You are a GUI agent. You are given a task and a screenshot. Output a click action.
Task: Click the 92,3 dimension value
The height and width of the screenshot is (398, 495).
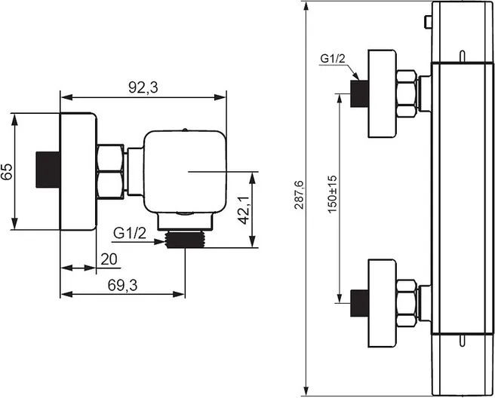pos(143,88)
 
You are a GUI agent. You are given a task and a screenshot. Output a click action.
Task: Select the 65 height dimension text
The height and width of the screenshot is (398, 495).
pos(7,172)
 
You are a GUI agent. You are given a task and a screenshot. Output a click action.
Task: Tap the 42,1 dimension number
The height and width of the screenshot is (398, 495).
pos(244,210)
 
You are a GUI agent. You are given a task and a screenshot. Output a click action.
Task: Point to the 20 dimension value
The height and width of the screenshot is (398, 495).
pos(109,259)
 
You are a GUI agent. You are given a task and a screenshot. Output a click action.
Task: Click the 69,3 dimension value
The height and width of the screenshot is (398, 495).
pos(122,286)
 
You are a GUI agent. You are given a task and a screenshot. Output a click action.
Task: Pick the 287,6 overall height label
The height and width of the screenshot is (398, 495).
pos(299,195)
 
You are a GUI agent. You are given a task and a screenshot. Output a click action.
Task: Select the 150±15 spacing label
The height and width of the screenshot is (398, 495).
pos(333,194)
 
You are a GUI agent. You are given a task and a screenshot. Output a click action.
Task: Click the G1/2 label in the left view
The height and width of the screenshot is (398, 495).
pos(130,234)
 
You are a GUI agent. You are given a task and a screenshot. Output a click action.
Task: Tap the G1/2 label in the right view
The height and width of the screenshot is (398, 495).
pos(333,59)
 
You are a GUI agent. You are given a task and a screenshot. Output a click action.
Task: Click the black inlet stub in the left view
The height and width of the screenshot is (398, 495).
pos(48,170)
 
